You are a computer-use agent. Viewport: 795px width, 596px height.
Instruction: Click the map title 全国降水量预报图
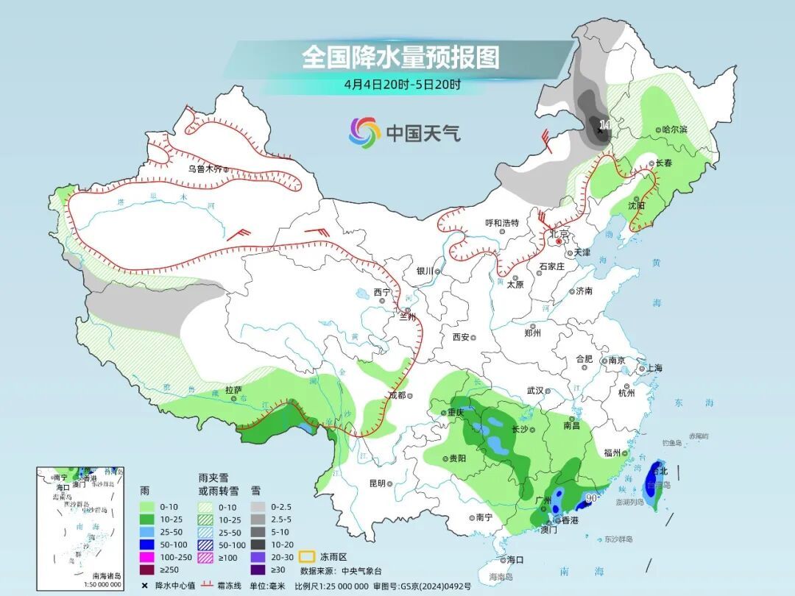pos(400,57)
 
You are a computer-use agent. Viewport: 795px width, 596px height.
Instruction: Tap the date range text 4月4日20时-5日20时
pos(402,84)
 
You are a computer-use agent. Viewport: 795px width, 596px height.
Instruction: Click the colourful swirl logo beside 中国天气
pos(364,132)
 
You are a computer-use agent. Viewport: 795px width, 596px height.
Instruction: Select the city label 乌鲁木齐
pos(204,168)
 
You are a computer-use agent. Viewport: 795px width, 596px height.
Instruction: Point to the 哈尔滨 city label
pos(674,130)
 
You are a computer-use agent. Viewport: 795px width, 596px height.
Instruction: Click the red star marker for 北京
pos(559,241)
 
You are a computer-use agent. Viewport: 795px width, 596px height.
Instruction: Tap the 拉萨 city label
pos(233,390)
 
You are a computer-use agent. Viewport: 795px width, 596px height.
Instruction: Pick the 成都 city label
pos(397,395)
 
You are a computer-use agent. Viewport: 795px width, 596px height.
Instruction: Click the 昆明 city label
pos(377,483)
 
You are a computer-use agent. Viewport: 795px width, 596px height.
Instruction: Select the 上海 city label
pos(653,368)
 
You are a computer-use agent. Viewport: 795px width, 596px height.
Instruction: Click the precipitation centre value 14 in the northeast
pos(605,125)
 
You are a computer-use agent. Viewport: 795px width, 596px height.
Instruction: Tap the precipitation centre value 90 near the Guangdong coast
pos(590,498)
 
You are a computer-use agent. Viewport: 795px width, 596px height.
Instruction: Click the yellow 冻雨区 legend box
pos(307,557)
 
